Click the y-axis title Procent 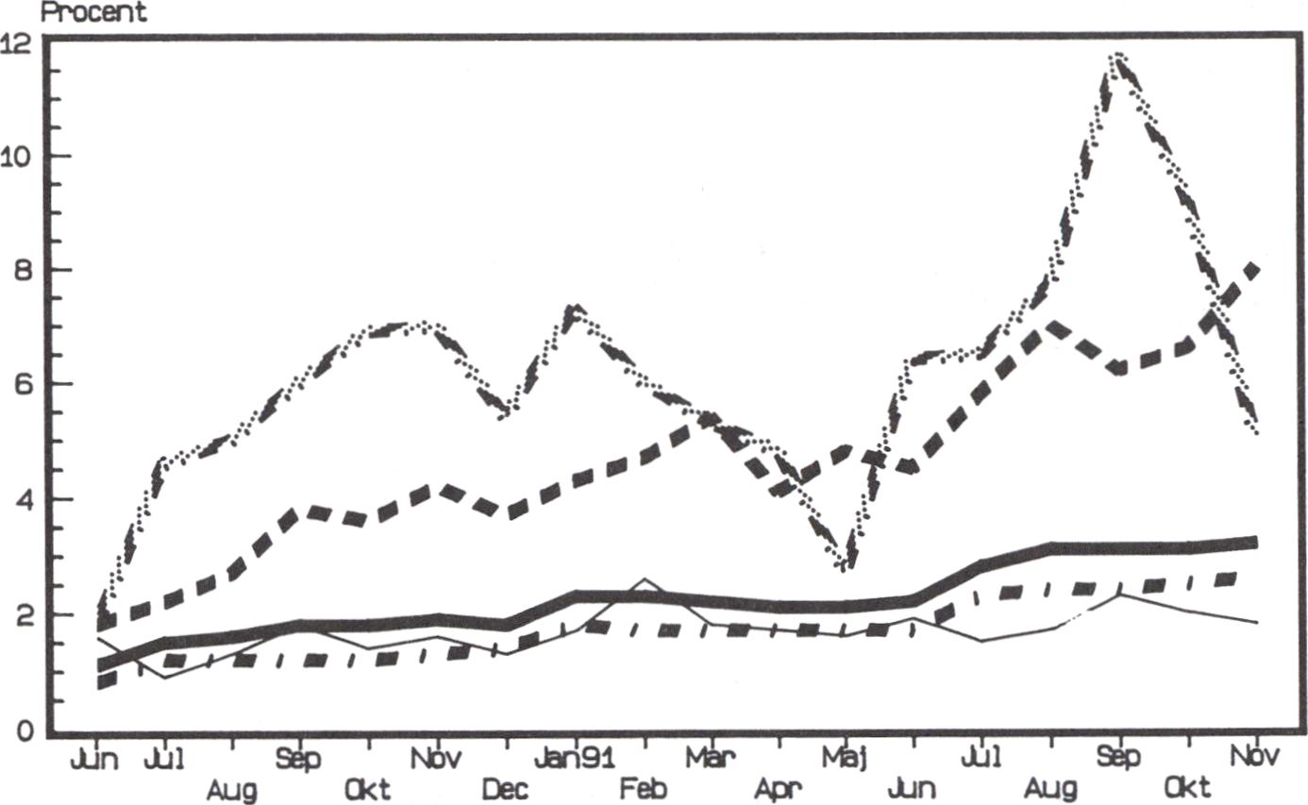tap(93, 11)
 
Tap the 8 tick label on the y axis tap(24, 271)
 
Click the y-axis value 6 tap(24, 385)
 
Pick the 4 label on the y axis tap(24, 499)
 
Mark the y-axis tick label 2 tap(24, 615)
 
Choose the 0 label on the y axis tap(25, 730)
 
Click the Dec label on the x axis tap(506, 790)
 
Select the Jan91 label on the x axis tap(575, 759)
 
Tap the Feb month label tap(643, 789)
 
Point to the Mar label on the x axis tap(710, 758)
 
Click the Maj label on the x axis tap(845, 759)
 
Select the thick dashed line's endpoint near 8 tap(1253, 269)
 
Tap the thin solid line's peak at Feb tap(644, 579)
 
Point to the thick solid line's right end tap(1255, 543)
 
